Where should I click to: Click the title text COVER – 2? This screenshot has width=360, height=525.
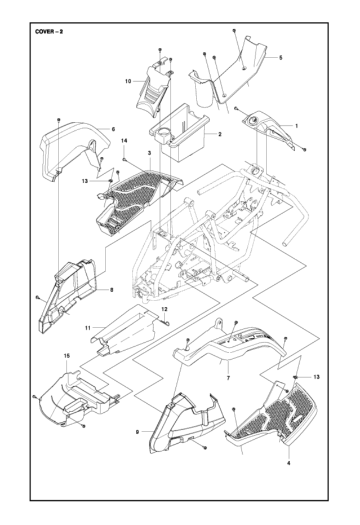(x=49, y=31)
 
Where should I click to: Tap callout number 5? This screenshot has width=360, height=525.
(x=281, y=58)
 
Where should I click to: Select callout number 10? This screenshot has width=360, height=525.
(x=128, y=81)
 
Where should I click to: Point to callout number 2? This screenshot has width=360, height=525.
(x=219, y=134)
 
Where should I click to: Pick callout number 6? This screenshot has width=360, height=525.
(x=113, y=129)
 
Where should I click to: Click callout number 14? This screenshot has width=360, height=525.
(x=125, y=140)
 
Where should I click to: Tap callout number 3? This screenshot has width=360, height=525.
(x=149, y=153)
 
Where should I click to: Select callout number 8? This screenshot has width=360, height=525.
(x=112, y=290)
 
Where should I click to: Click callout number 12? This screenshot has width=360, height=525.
(x=165, y=309)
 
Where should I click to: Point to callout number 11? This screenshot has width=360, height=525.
(x=88, y=327)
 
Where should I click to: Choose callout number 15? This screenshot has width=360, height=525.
(x=66, y=356)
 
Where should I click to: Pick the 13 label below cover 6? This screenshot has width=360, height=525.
(x=85, y=180)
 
